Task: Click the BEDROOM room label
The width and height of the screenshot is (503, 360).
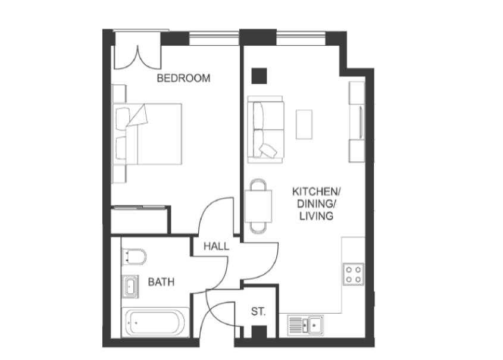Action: [x=183, y=78]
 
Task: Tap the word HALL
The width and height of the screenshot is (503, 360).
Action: [x=217, y=246]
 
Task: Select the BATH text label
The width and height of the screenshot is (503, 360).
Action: [x=161, y=282]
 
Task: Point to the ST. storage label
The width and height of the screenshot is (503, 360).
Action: [x=258, y=311]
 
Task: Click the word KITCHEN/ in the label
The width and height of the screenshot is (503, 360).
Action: [x=316, y=192]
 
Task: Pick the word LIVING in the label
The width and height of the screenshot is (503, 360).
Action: [x=316, y=216]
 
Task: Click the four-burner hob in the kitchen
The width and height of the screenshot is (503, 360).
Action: [x=353, y=274]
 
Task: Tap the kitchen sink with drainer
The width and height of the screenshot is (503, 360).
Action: [x=305, y=325]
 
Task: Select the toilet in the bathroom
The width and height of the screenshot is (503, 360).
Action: [x=134, y=256]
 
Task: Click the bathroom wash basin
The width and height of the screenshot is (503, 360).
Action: [x=130, y=286]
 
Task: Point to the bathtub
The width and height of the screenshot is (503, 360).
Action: [x=155, y=322]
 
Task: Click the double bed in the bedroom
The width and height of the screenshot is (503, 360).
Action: [x=147, y=134]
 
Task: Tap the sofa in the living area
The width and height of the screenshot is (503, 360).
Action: [x=265, y=130]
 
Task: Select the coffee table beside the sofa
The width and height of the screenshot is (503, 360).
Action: [x=304, y=124]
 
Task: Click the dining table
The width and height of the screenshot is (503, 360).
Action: [x=258, y=206]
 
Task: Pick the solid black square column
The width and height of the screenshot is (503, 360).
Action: [x=259, y=76]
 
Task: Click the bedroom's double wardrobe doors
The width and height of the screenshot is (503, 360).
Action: [x=138, y=58]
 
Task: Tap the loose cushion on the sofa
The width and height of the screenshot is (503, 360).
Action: [x=268, y=150]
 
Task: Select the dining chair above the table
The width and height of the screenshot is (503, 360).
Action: [x=258, y=184]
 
